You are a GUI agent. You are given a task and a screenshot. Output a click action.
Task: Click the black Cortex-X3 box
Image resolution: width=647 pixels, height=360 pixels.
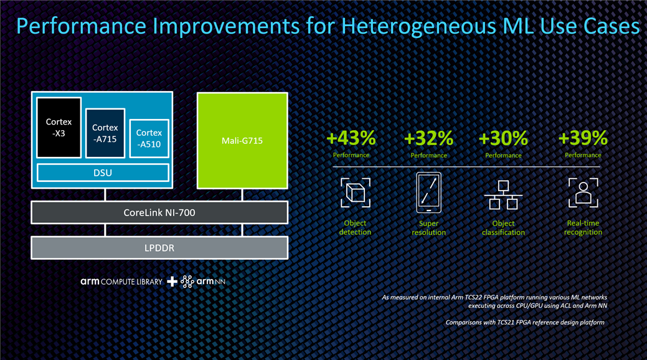[x=59, y=128]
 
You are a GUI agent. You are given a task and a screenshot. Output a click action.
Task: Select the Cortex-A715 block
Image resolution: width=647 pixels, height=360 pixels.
[x=105, y=133]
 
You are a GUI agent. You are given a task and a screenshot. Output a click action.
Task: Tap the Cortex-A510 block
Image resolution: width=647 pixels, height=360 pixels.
[x=149, y=138]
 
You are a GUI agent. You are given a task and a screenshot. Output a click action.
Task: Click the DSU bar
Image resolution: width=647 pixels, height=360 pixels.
[x=103, y=173]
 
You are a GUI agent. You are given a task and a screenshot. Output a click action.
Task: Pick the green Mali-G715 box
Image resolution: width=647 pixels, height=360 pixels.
[x=242, y=140]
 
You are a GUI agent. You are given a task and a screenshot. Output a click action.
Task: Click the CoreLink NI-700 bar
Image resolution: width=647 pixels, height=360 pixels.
[x=159, y=212]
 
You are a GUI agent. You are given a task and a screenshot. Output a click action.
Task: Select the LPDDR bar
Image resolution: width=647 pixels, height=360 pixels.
[x=159, y=248]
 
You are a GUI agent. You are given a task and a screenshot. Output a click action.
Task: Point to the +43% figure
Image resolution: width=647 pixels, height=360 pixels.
[x=351, y=138]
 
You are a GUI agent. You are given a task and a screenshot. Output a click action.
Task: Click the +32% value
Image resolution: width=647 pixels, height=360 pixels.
[x=428, y=138]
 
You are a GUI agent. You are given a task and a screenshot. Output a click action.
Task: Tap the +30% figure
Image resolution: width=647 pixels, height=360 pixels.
[x=503, y=138]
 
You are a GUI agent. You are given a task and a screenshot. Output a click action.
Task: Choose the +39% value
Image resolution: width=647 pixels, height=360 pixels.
[x=583, y=138]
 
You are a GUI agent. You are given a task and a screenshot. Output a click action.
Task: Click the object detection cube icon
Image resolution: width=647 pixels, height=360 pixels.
[x=356, y=192]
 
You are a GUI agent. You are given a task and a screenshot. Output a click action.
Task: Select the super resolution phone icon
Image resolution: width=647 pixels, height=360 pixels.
[x=428, y=192]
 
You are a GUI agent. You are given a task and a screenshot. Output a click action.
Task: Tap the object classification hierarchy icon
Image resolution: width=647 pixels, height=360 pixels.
[x=503, y=195]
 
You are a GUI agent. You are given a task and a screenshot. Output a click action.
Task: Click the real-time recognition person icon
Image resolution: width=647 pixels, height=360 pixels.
[x=583, y=192]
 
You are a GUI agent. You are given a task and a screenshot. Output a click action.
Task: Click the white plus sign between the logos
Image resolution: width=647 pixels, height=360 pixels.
[x=172, y=282]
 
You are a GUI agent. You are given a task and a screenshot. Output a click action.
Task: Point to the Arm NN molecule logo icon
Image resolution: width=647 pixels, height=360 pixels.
[x=187, y=282]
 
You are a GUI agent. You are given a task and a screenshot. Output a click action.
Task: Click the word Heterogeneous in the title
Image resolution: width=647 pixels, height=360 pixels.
[x=418, y=26]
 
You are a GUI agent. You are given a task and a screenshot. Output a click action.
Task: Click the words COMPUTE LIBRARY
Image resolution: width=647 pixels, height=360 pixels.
[x=131, y=282]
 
